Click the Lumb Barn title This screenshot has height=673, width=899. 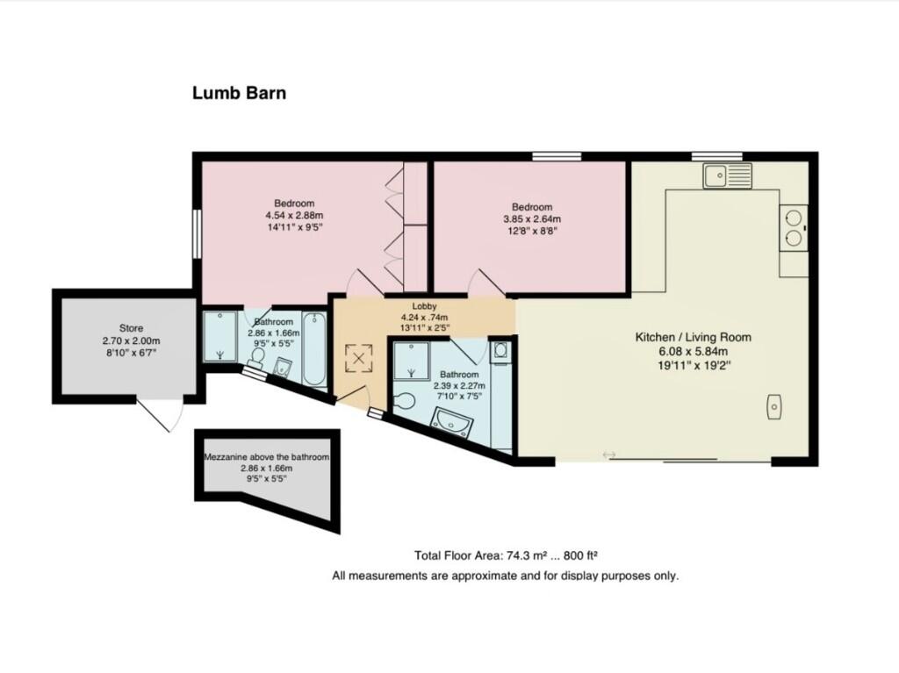(239, 92)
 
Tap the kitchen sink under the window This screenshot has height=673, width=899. (727, 175)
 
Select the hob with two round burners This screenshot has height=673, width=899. (794, 225)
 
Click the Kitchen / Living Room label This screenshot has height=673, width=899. (693, 337)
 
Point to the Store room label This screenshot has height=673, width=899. (131, 328)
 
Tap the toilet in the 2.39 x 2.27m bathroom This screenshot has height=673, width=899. (405, 401)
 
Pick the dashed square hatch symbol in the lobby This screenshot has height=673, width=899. (358, 357)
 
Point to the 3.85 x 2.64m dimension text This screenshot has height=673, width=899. (531, 219)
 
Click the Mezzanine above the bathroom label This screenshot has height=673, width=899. (266, 457)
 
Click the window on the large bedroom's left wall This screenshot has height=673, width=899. (197, 233)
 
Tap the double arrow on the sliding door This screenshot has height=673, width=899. (609, 454)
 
